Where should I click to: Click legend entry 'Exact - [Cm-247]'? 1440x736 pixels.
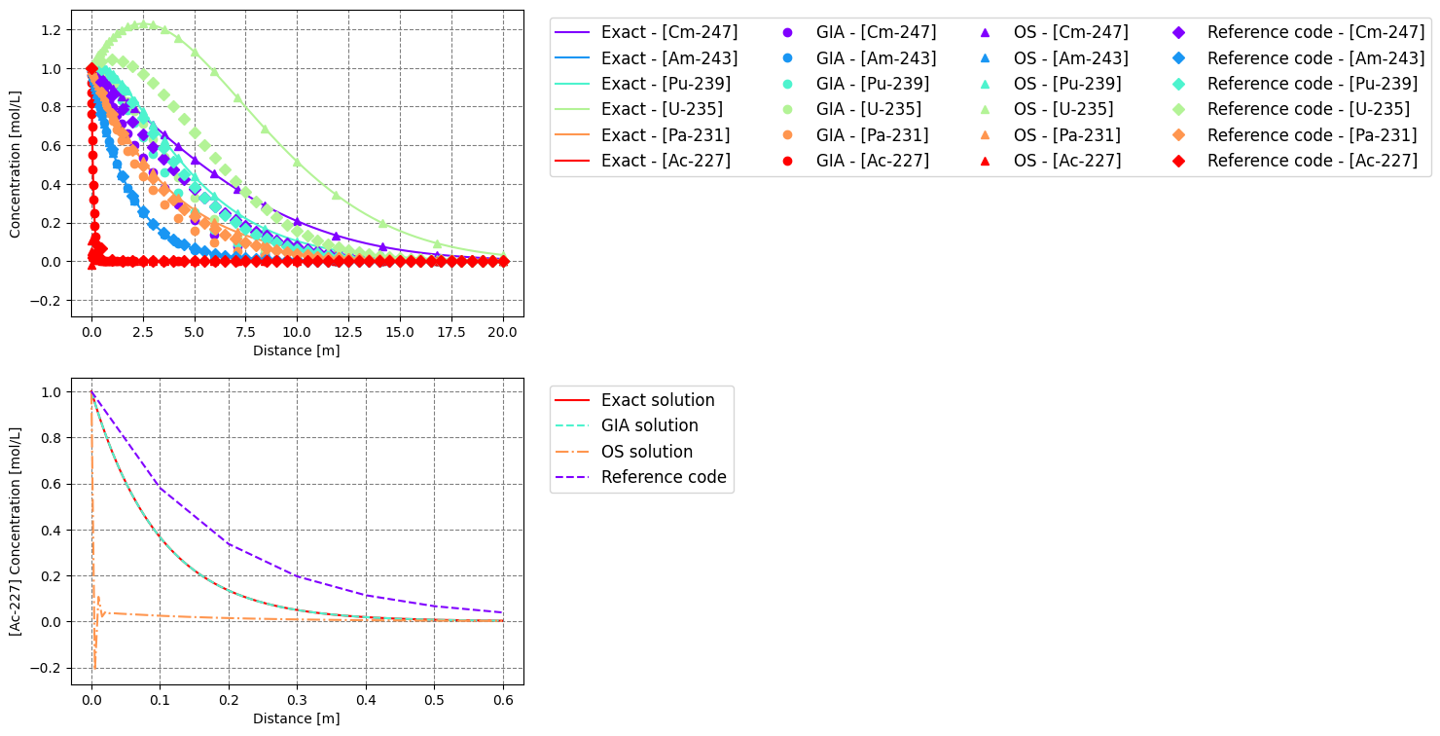click(x=668, y=32)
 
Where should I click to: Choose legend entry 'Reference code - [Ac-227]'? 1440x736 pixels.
click(x=1312, y=161)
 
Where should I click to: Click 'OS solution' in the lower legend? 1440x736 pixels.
click(x=646, y=452)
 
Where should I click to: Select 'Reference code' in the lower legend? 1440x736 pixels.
click(x=663, y=477)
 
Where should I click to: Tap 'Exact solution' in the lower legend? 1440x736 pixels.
click(x=657, y=400)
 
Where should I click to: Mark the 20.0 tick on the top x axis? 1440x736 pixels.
click(x=504, y=331)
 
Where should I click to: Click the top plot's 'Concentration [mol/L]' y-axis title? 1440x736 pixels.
click(x=15, y=164)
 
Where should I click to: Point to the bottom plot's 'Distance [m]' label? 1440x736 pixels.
click(x=297, y=718)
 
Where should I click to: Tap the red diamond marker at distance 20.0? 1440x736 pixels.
click(x=504, y=261)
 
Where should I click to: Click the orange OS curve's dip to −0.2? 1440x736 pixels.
click(x=94, y=668)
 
